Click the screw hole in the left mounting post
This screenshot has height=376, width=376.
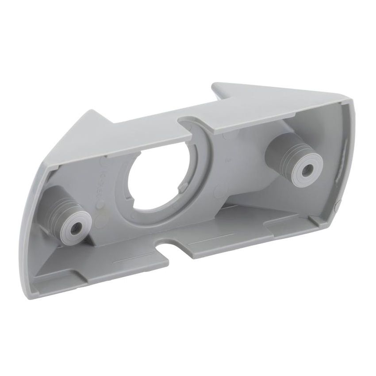[x=73, y=225]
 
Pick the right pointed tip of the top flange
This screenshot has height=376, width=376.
[x=215, y=85]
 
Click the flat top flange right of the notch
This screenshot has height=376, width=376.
[x=265, y=115]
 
